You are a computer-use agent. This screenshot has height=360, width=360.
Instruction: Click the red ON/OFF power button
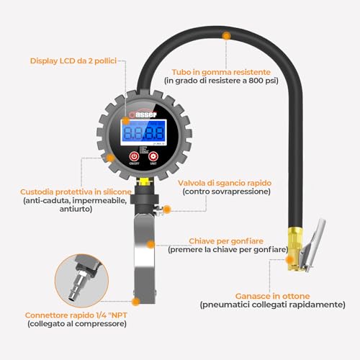(134, 156)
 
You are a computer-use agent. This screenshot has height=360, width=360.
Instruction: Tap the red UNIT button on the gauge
(153, 156)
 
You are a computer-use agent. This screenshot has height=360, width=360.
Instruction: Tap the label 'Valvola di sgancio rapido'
(226, 183)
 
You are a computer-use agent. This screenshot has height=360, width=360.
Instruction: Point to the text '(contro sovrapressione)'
(226, 192)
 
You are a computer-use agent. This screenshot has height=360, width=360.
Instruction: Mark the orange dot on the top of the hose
(227, 35)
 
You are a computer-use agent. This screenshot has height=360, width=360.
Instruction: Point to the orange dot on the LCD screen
(126, 122)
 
